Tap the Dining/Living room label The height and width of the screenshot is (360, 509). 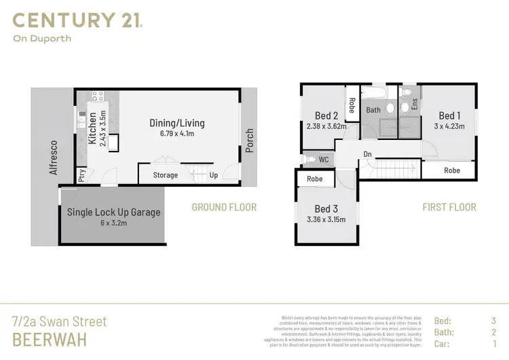tap(176, 123)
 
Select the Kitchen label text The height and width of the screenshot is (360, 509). tap(93, 129)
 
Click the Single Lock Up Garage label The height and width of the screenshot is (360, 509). tap(114, 212)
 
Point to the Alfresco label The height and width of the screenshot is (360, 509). tap(52, 159)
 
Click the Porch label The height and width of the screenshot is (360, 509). tap(250, 140)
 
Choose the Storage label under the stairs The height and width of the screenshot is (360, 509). tap(165, 175)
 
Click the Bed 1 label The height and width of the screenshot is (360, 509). tap(450, 115)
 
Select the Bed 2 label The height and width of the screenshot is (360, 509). tap(326, 115)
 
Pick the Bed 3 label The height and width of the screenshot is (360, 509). tap(326, 209)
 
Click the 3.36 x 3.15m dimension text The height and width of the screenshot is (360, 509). tap(326, 219)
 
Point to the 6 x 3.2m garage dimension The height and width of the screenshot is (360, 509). tap(113, 223)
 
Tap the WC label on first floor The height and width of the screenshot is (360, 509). tap(323, 160)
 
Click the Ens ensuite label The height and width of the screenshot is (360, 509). tap(413, 105)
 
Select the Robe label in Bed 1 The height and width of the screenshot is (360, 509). tap(452, 170)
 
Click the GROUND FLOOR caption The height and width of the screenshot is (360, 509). tap(224, 206)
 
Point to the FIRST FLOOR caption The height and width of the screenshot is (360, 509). tap(449, 206)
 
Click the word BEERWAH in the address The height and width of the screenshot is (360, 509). tap(50, 339)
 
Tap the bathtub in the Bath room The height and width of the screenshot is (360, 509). tap(373, 93)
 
